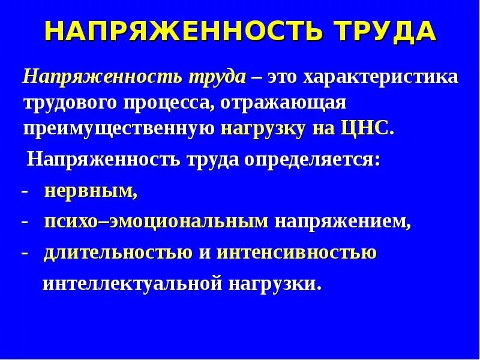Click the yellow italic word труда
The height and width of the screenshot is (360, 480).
218,77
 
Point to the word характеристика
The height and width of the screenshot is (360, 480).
380,77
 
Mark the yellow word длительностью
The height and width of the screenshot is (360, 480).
118,253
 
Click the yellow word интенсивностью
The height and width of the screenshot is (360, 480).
296,253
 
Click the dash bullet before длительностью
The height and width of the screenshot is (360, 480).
25,253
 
